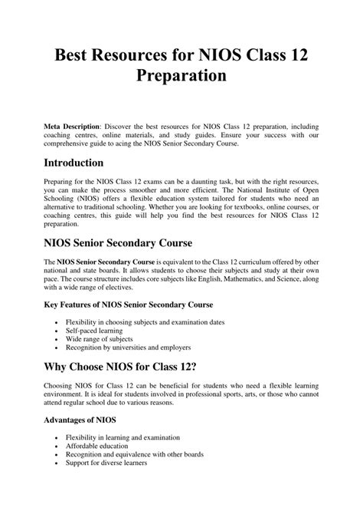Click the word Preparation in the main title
[181, 76]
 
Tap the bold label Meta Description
[72, 124]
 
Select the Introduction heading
[84, 163]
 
